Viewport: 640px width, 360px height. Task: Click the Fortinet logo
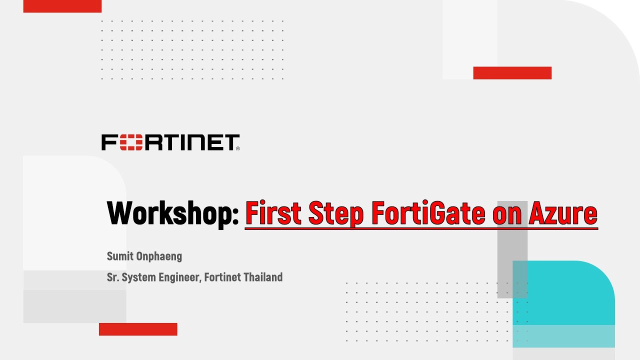(170, 142)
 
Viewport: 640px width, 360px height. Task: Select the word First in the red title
(273, 213)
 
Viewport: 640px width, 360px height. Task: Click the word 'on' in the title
(504, 213)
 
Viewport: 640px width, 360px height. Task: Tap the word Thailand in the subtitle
(263, 277)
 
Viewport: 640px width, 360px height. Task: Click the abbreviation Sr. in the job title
(111, 277)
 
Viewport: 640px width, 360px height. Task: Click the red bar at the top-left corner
(62, 6)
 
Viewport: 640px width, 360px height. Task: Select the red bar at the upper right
(512, 73)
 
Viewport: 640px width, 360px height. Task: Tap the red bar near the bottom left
(138, 329)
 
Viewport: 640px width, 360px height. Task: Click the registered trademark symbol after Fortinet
(237, 148)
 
